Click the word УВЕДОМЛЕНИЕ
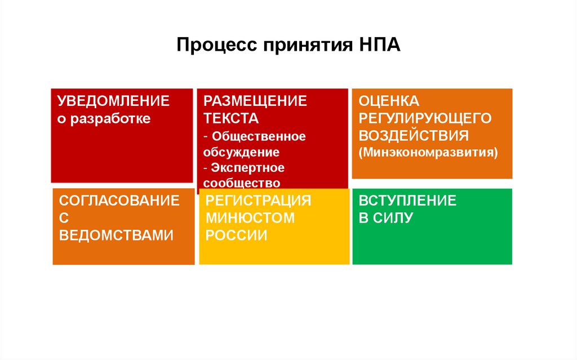(x=114, y=101)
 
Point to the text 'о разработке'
(x=104, y=119)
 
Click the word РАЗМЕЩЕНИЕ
(x=255, y=101)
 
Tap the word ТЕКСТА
(x=231, y=119)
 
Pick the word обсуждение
(x=241, y=152)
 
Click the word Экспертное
(x=248, y=168)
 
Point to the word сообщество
(x=242, y=183)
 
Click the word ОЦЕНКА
(x=389, y=101)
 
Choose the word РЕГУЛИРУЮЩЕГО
(x=425, y=118)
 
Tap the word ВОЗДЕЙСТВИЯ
(x=414, y=136)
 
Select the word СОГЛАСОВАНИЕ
(x=119, y=201)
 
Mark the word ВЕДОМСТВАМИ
(x=116, y=235)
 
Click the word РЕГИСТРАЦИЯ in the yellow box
(x=258, y=201)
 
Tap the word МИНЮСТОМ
(x=250, y=217)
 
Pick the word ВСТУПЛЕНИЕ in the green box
(x=407, y=201)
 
